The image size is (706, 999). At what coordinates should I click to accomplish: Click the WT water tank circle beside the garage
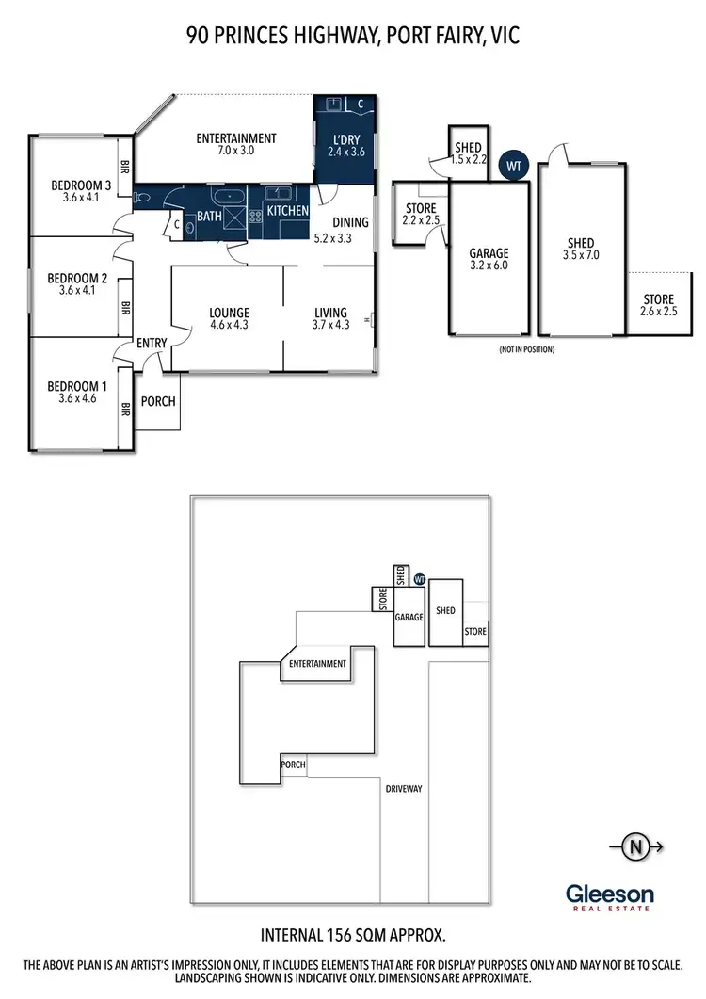pos(514,166)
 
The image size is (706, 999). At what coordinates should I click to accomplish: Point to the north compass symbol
pos(638,846)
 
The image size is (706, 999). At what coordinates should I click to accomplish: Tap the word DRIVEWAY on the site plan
pos(404,789)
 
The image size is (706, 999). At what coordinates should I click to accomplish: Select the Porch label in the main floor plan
pos(158,401)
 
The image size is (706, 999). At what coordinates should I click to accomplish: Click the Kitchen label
pos(287,211)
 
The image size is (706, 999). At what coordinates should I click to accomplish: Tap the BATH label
pos(208,217)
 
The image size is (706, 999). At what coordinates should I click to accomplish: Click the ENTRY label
pos(152,343)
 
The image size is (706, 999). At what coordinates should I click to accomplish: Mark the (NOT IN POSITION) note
pos(526,349)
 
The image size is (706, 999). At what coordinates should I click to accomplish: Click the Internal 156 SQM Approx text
pos(352,935)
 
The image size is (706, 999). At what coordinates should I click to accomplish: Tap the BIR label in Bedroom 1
pos(124,410)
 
